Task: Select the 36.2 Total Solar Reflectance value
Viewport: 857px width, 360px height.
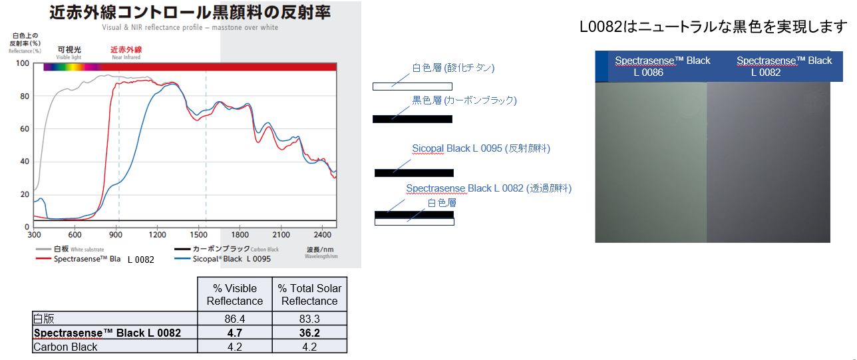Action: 309,333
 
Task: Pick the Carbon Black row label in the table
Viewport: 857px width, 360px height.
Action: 65,347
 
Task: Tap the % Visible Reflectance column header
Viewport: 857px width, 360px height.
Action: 235,294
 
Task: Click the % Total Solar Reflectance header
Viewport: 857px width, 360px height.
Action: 309,294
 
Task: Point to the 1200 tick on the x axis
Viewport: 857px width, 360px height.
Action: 158,235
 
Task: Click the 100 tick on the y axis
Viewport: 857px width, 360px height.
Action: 23,64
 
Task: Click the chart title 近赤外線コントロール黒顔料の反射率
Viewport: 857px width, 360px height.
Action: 190,13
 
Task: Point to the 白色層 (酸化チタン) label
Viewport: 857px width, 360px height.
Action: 453,68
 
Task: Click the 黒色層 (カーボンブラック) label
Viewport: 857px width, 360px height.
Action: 464,100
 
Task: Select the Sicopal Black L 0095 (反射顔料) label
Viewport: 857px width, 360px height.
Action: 480,148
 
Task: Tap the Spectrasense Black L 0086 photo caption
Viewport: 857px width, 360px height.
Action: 662,66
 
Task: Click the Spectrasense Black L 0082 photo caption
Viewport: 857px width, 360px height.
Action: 784,66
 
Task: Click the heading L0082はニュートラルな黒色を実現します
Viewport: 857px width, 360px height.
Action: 713,27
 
